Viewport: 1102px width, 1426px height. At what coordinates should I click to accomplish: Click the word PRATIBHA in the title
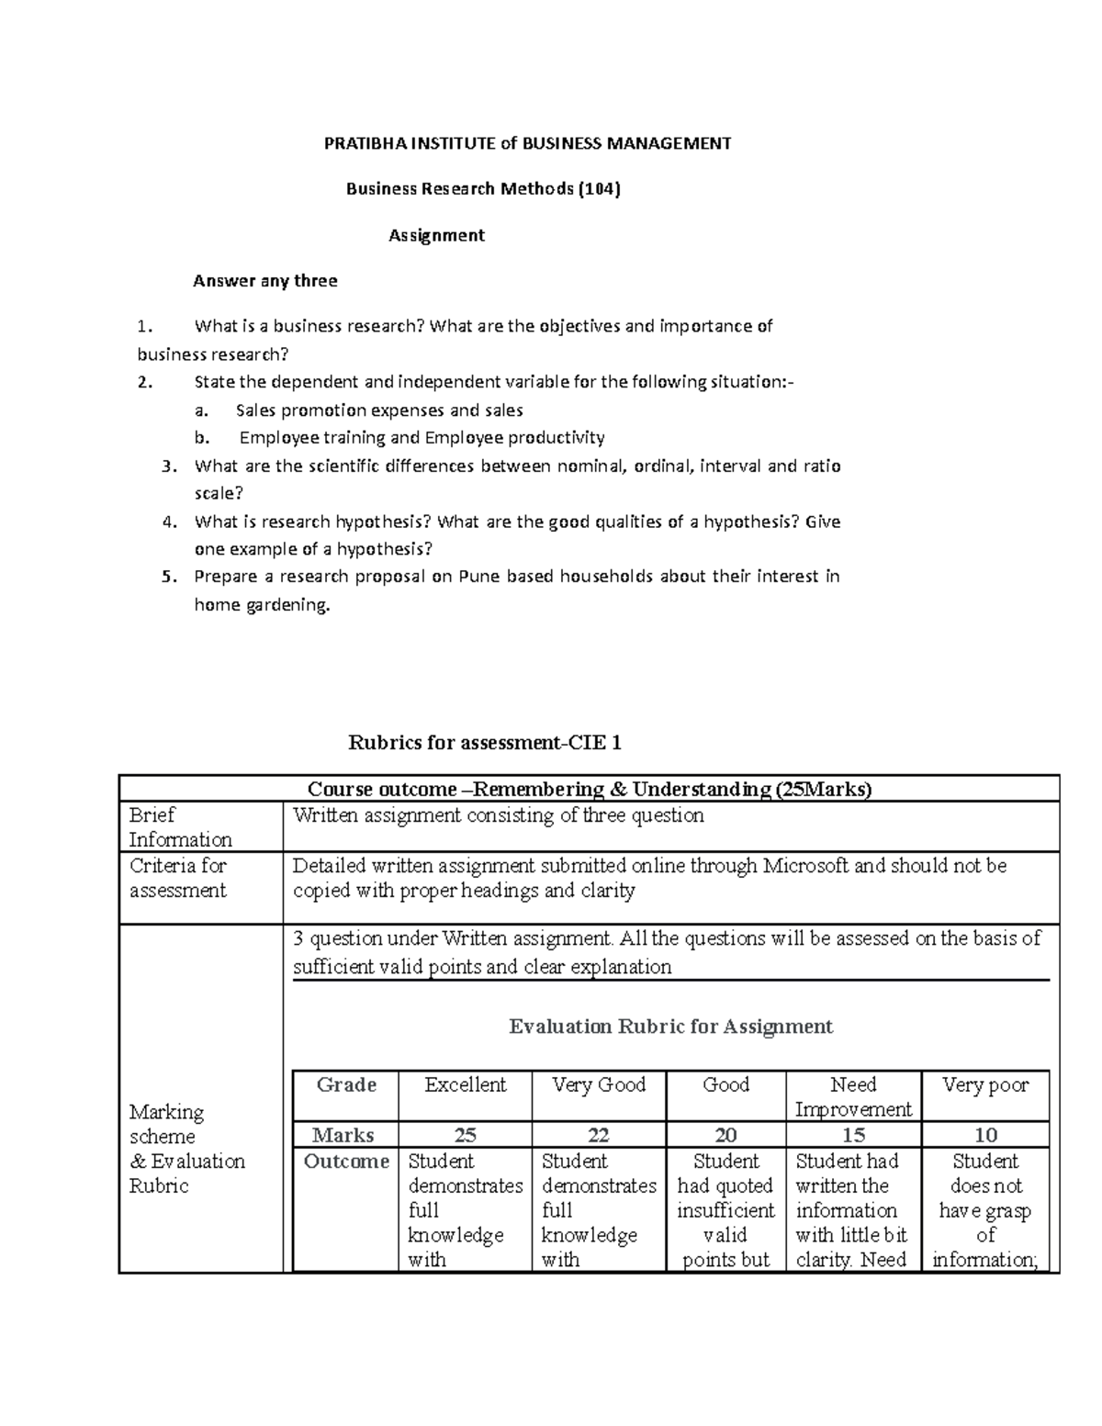click(359, 143)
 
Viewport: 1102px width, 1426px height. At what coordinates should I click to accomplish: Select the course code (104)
click(599, 189)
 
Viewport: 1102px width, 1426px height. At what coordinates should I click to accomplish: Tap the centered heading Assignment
click(436, 235)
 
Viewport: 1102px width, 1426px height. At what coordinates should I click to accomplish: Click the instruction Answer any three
click(264, 281)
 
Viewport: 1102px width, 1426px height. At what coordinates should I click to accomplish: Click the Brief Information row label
click(180, 826)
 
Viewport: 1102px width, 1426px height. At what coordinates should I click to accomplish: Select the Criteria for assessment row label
click(177, 878)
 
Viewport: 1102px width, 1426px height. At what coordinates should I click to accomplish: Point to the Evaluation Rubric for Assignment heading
click(670, 1026)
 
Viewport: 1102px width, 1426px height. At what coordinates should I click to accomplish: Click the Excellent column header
click(465, 1084)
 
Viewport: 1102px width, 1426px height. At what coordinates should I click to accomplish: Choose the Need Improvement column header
click(853, 1096)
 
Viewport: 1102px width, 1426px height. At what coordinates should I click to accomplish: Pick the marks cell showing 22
click(599, 1135)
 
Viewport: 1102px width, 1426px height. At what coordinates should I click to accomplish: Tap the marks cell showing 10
click(985, 1135)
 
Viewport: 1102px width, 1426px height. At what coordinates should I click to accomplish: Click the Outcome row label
click(346, 1162)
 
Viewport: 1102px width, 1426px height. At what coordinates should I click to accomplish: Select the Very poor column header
click(985, 1084)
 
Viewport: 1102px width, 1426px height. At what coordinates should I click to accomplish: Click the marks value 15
click(853, 1135)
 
